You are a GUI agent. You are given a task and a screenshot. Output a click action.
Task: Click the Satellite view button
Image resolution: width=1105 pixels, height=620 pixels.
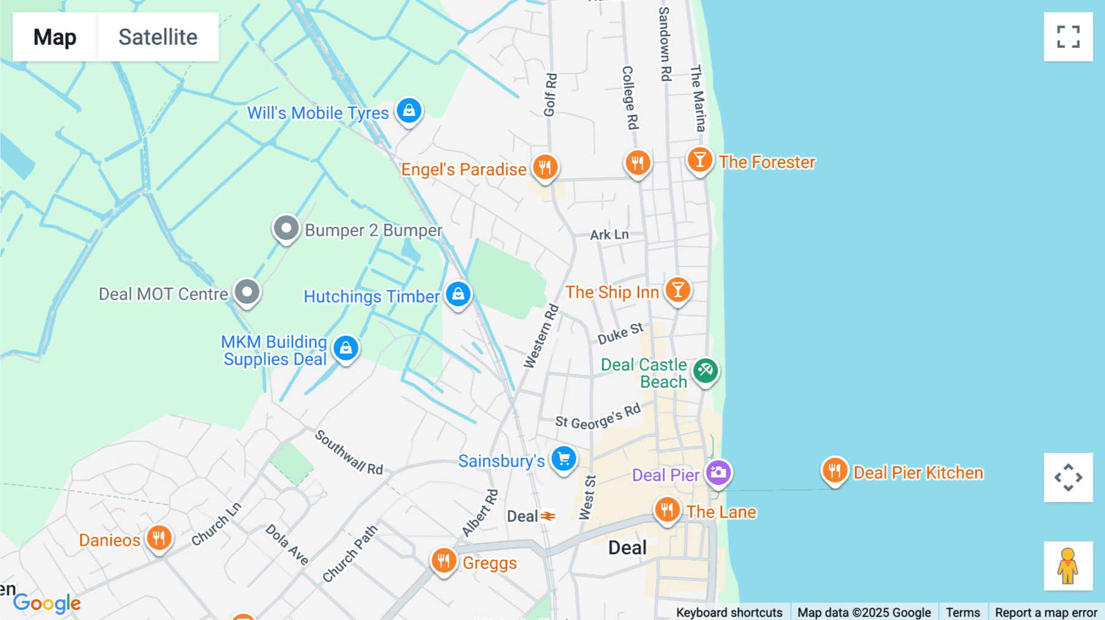point(158,37)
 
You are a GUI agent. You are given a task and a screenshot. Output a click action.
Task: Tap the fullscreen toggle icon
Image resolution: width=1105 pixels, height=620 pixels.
point(1068,37)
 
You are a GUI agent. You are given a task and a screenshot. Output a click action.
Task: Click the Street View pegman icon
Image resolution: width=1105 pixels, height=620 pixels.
point(1068,566)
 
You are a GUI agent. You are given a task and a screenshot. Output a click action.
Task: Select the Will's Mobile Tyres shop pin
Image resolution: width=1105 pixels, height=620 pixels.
point(409,111)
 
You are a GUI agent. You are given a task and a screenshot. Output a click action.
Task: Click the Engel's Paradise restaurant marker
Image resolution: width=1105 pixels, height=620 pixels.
point(545,167)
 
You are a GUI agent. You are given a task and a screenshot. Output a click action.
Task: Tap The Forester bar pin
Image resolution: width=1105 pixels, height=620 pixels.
point(699,161)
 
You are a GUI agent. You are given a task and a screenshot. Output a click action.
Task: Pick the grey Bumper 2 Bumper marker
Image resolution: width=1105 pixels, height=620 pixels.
point(285,229)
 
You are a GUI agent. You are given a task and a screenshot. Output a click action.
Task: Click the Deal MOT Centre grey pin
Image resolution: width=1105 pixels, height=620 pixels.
point(247,292)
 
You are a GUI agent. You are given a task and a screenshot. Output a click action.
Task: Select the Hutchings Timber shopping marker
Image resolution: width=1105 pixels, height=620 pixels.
point(458,295)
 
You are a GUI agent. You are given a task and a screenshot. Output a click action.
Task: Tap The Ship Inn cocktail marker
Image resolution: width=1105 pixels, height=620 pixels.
point(678,290)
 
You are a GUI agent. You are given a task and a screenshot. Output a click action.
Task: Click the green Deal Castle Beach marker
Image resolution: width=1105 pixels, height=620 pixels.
point(705,370)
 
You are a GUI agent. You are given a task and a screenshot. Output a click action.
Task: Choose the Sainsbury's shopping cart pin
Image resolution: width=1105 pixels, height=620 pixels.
point(564,459)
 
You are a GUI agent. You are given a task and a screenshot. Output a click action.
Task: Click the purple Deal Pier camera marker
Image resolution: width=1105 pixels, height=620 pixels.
point(718,473)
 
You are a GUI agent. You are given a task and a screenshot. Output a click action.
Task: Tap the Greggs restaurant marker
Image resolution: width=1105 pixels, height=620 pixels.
point(443,561)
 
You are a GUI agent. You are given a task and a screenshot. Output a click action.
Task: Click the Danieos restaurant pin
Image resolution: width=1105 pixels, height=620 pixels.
point(159,538)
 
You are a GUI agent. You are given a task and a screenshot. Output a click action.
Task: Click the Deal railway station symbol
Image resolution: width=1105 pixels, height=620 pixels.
point(548,516)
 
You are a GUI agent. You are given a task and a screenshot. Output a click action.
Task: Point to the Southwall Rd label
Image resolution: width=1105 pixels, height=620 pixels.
point(349,453)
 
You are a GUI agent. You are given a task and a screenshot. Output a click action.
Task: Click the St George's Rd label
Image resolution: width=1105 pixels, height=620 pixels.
point(597,417)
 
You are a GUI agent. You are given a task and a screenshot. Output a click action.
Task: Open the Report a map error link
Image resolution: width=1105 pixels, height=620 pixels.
point(1045,613)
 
